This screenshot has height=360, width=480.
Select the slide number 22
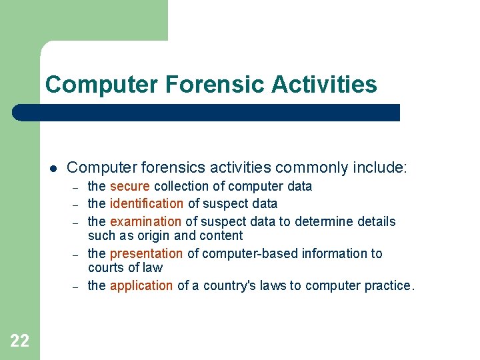click(x=20, y=341)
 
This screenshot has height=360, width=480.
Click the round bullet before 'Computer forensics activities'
click(x=51, y=167)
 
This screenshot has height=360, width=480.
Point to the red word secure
click(x=130, y=186)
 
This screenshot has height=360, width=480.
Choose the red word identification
click(x=147, y=203)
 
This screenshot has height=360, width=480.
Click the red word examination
click(x=145, y=221)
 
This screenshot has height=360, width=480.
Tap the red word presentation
click(x=146, y=253)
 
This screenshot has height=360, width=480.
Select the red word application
click(x=141, y=285)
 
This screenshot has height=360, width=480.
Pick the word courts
click(x=104, y=267)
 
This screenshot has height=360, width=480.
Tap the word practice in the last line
click(x=388, y=285)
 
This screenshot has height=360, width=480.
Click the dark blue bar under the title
click(x=207, y=112)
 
